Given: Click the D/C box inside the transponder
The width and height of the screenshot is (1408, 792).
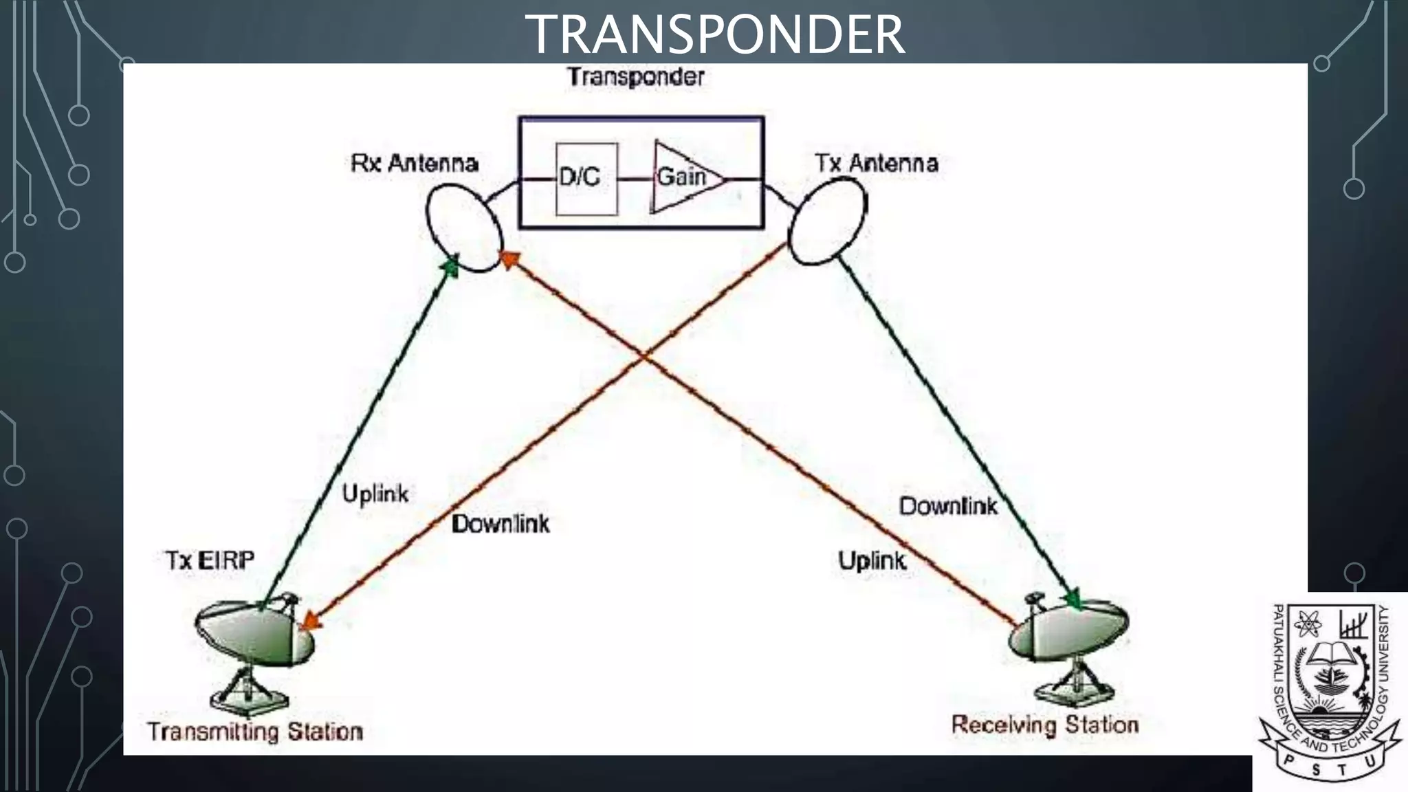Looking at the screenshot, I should click(585, 179).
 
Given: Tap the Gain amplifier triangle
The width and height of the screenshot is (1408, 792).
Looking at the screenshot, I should click(684, 178).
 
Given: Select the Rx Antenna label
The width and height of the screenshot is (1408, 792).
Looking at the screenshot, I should click(415, 164).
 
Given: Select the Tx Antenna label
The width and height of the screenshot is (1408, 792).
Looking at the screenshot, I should click(876, 164).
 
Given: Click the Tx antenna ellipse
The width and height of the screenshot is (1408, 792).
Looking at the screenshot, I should click(827, 221).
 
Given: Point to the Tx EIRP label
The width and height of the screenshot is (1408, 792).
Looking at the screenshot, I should click(210, 561).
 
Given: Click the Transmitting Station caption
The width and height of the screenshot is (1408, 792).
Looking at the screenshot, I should click(255, 731).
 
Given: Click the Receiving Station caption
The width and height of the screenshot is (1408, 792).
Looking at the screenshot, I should click(1045, 725).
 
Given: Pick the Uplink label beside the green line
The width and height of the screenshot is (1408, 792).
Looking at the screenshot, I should click(375, 494).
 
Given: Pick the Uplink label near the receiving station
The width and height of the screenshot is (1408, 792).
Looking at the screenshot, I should click(872, 561).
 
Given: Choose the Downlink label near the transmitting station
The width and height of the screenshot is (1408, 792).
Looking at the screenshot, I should click(500, 525).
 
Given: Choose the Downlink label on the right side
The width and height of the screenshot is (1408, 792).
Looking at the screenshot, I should click(948, 507).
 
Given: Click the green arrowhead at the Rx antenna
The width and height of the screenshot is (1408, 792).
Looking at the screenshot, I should click(450, 266).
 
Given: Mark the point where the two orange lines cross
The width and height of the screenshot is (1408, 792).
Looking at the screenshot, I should click(644, 356).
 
